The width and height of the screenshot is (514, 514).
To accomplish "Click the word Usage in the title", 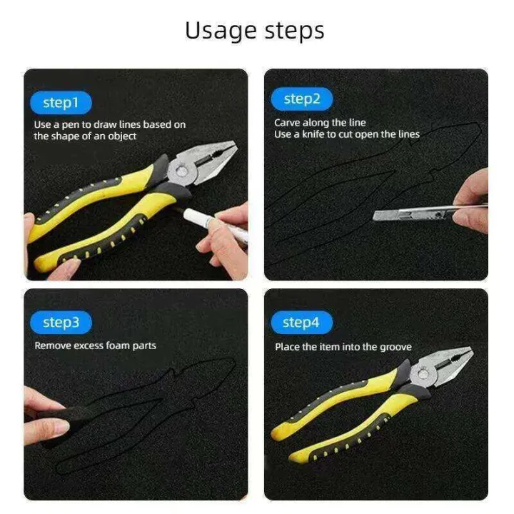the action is pyautogui.click(x=221, y=31).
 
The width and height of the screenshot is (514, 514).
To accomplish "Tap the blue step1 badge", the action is pyautogui.click(x=61, y=103).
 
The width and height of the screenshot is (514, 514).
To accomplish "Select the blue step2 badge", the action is pyautogui.click(x=302, y=99).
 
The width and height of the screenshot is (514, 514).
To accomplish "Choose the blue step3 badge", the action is pyautogui.click(x=61, y=323).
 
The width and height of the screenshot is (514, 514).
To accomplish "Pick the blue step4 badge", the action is pyautogui.click(x=302, y=323).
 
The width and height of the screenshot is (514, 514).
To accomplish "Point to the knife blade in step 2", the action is pyautogui.click(x=413, y=214).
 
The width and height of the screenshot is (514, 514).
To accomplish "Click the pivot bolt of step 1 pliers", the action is pyautogui.click(x=180, y=171).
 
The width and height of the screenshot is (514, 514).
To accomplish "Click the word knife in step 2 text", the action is pyautogui.click(x=313, y=134).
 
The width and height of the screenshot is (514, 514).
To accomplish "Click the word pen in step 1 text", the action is pyautogui.click(x=71, y=125).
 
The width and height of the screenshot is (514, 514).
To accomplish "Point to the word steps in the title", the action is pyautogui.click(x=294, y=31).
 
